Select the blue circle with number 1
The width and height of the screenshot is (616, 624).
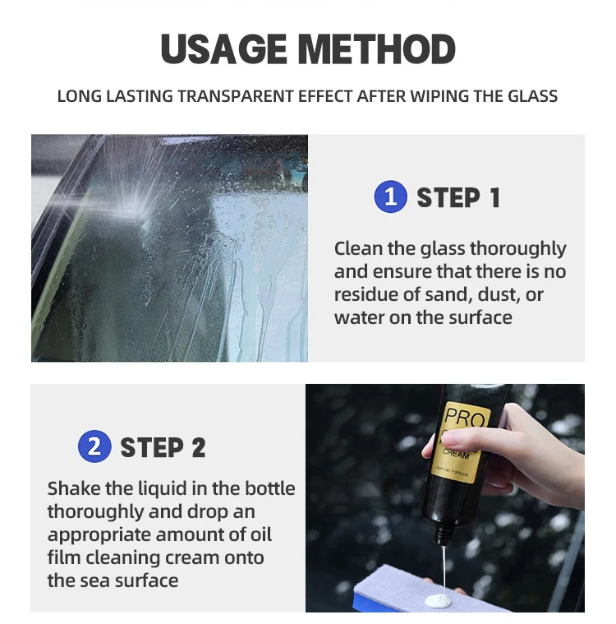click(390, 197)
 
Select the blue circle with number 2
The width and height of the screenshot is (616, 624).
click(94, 447)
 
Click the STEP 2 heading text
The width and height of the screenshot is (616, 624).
click(163, 448)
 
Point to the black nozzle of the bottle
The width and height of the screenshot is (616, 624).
click(442, 534)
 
